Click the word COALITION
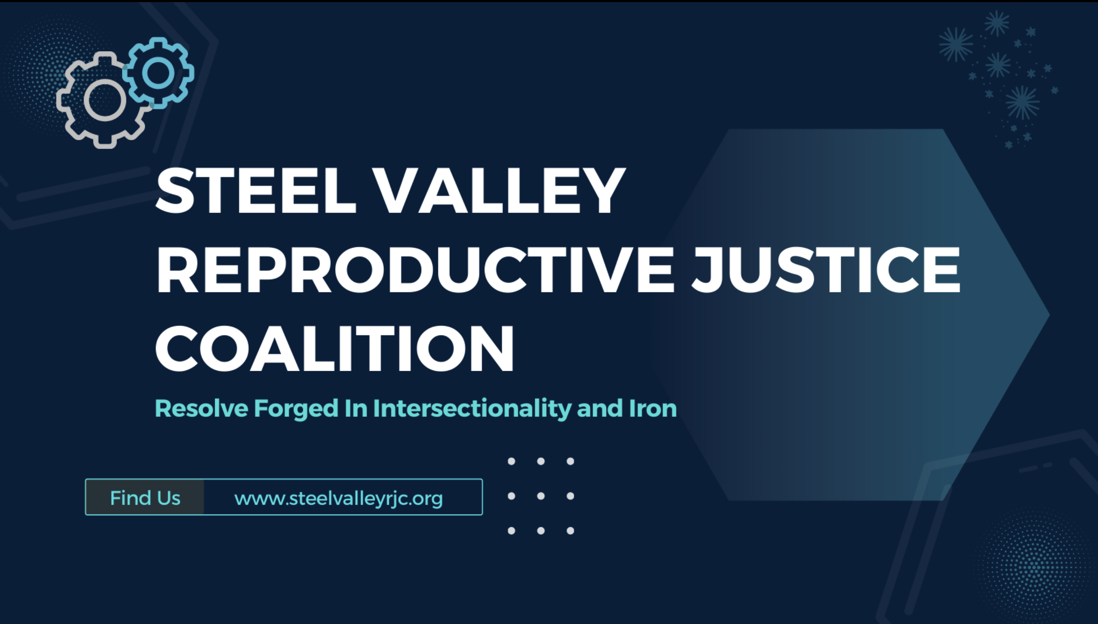pos(334,348)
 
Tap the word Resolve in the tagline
pos(201,408)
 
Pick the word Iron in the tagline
pos(653,408)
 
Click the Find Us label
pos(145,497)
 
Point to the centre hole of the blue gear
pos(158,73)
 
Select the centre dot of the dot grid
pos(541,496)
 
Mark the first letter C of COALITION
pos(176,348)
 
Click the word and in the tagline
pos(600,408)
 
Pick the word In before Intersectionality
pos(356,408)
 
